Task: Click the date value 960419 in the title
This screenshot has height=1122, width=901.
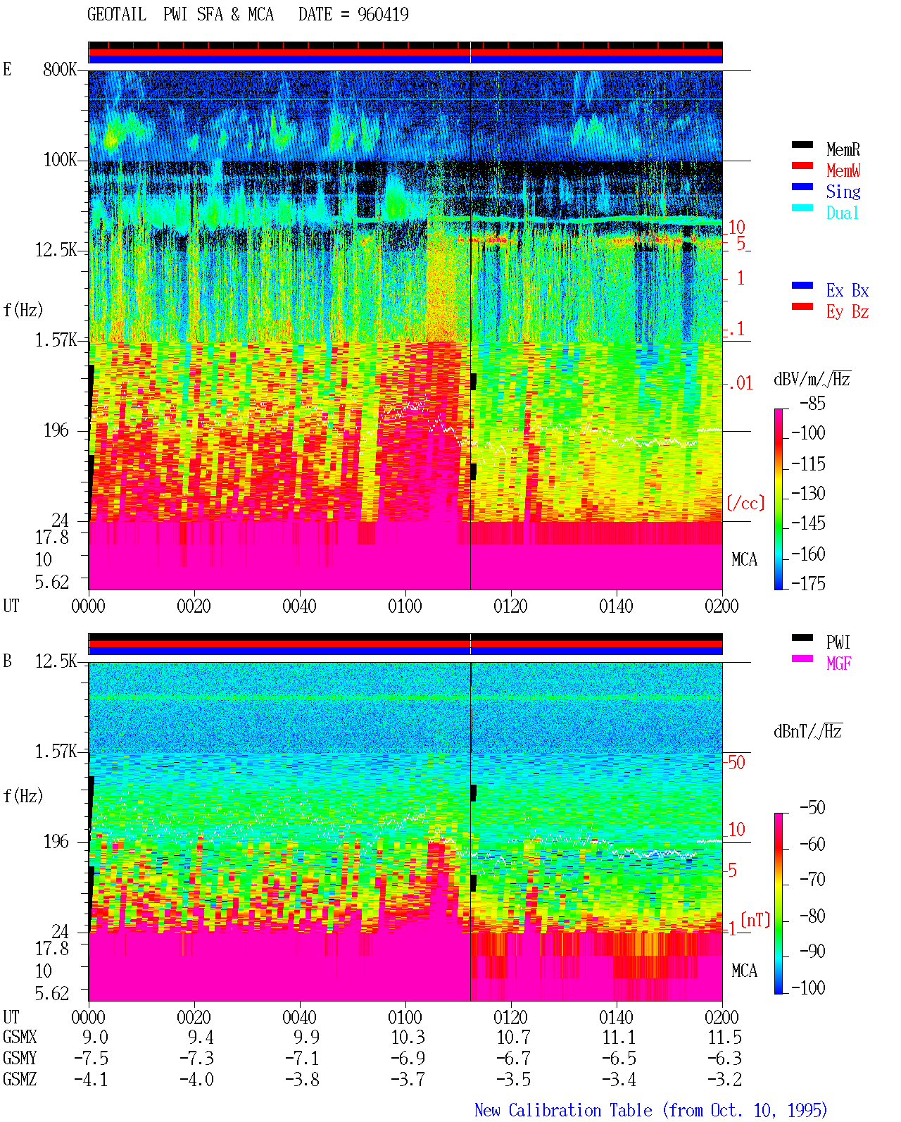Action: click(382, 15)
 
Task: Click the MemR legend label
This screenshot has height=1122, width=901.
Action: click(843, 149)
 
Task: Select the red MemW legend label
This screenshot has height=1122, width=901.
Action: click(843, 170)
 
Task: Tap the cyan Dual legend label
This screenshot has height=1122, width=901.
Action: click(842, 213)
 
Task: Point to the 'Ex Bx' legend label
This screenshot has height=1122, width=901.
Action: click(847, 290)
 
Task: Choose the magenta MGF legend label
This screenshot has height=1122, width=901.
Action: click(838, 663)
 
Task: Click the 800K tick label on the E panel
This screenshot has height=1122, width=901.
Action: click(60, 69)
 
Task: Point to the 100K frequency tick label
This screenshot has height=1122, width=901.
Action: click(60, 160)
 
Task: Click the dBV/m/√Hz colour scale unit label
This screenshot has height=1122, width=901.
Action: click(812, 380)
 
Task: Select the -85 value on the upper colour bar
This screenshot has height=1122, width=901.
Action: click(812, 404)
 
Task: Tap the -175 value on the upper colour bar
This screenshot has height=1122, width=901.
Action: click(808, 583)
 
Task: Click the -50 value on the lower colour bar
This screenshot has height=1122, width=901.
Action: click(812, 808)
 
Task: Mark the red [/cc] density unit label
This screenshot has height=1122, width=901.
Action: click(745, 503)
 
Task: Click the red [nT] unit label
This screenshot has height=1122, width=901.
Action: click(755, 920)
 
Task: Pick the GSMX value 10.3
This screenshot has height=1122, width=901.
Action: click(408, 1037)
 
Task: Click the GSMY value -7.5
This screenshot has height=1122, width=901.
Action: click(91, 1059)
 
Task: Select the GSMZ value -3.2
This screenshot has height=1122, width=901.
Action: click(724, 1079)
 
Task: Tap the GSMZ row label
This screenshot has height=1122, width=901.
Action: click(20, 1079)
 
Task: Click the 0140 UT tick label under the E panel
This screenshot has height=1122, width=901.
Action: click(616, 606)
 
